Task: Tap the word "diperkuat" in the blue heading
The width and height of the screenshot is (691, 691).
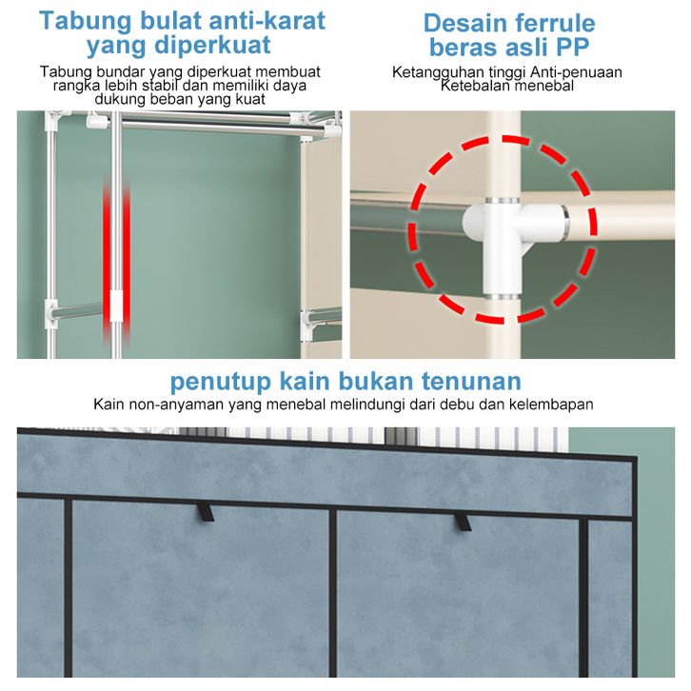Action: coord(212,46)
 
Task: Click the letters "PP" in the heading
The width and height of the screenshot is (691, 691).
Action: coord(572,47)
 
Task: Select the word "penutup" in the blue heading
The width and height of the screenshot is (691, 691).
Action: coord(221,382)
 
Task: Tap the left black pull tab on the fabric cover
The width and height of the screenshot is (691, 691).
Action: coord(206,512)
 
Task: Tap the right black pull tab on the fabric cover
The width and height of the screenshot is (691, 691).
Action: coord(463,523)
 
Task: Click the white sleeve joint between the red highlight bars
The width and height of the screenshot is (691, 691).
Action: coord(116,306)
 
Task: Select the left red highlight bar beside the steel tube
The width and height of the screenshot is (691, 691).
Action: coord(107,260)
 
